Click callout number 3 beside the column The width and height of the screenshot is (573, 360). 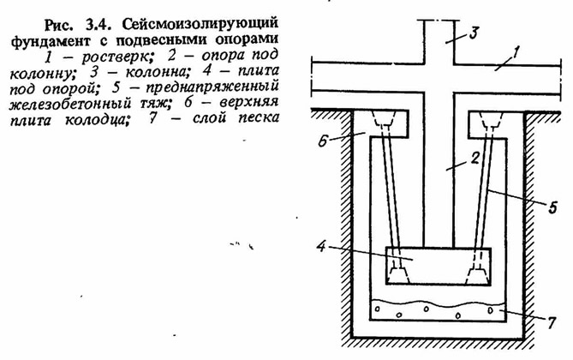[x=474, y=33]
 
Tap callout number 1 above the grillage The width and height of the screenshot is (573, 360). [x=515, y=53]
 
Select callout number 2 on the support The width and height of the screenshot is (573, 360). [x=475, y=159]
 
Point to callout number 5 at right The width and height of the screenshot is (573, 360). [x=552, y=207]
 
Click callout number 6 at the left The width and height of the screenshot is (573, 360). [x=322, y=141]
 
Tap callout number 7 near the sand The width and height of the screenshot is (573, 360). [x=551, y=322]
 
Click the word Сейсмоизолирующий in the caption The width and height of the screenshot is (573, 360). [x=200, y=25]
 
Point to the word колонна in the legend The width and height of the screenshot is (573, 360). [x=157, y=72]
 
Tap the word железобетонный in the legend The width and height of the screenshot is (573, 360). [x=69, y=104]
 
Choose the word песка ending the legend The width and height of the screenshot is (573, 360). [x=259, y=118]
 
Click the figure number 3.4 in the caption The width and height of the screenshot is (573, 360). [x=101, y=25]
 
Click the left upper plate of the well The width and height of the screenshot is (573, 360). [x=380, y=124]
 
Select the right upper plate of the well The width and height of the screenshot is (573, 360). [x=496, y=125]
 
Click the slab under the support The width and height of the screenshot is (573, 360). [x=439, y=267]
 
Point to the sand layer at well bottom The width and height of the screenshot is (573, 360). [x=439, y=310]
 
